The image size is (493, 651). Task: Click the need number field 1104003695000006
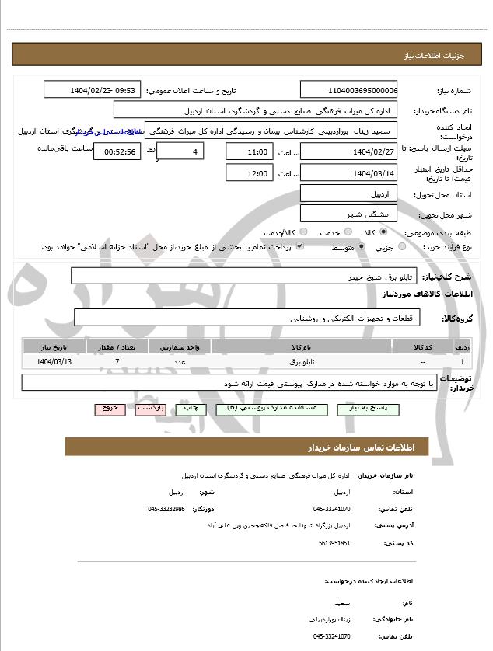(348, 90)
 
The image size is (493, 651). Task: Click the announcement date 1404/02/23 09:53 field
(92, 90)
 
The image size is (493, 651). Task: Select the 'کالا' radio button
(383, 232)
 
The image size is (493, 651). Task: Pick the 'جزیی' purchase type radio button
(401, 247)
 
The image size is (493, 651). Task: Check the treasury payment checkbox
(299, 247)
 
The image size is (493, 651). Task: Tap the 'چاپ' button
(190, 409)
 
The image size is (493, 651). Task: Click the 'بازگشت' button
(150, 409)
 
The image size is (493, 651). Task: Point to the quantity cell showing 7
(117, 362)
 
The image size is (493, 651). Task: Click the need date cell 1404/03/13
(54, 362)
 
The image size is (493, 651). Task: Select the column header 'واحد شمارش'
(180, 347)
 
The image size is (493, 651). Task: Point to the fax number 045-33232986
(166, 509)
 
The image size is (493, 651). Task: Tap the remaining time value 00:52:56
(117, 151)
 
